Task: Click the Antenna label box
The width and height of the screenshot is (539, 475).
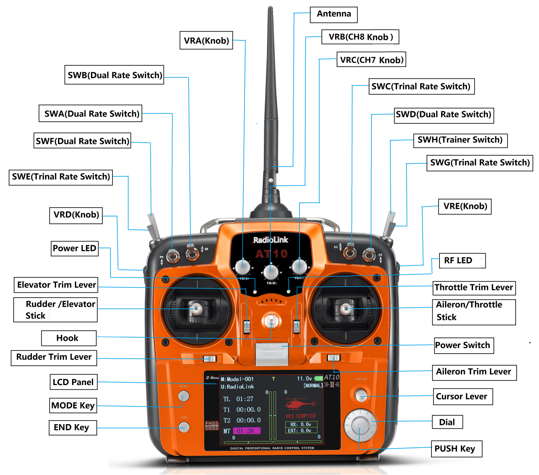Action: click(334, 15)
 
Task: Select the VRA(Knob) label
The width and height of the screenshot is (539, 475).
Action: click(206, 41)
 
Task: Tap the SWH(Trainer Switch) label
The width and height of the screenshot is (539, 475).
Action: click(460, 140)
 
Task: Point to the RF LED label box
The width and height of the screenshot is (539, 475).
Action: click(458, 260)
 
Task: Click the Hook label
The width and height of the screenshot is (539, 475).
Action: click(68, 338)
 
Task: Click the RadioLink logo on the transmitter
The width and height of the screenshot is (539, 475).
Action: click(271, 240)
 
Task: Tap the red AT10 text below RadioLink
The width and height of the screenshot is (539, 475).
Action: click(272, 254)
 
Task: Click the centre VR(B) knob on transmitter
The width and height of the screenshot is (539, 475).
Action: click(271, 272)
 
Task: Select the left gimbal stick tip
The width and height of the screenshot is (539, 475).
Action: click(197, 309)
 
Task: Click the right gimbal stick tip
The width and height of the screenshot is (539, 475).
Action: click(346, 309)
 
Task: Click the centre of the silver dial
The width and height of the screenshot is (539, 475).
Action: click(360, 425)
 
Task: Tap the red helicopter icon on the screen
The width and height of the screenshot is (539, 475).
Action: click(300, 404)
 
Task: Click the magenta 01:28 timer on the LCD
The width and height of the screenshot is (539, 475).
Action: click(247, 431)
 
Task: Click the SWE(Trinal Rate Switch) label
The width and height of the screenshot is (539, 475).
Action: click(61, 177)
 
